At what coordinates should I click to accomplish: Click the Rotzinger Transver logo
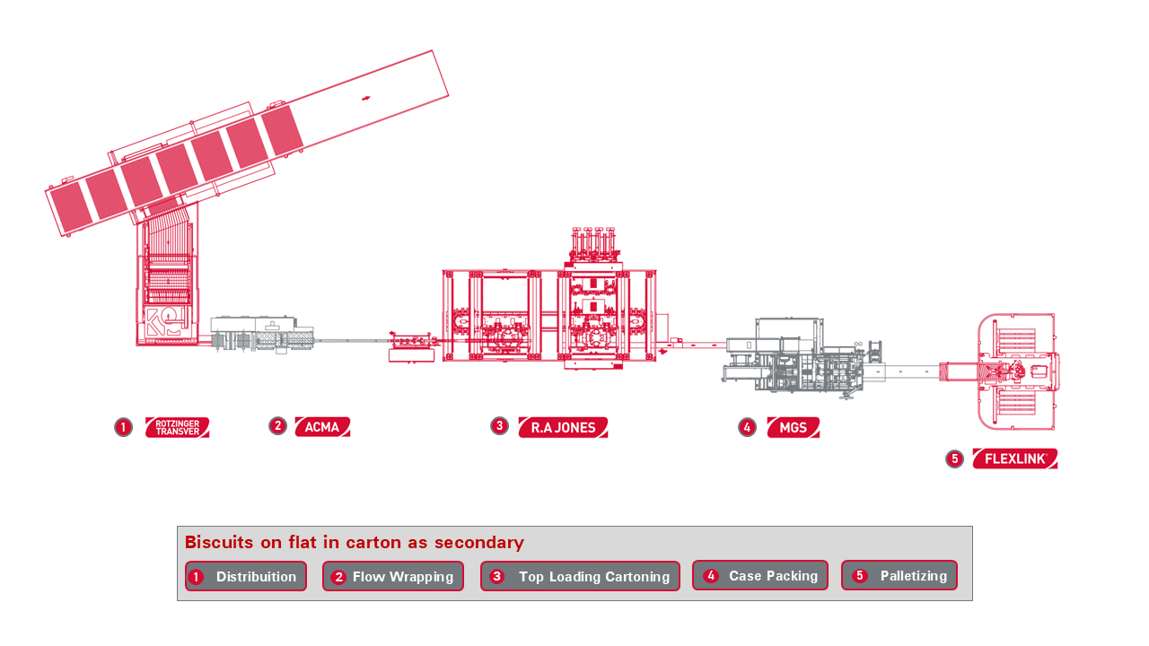177,427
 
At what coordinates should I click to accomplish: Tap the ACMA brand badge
322,427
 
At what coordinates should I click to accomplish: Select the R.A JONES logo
563,427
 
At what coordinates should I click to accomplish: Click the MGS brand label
793,428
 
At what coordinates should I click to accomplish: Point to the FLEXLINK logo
1014,458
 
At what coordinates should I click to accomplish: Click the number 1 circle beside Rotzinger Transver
124,427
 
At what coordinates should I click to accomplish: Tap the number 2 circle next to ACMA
277,426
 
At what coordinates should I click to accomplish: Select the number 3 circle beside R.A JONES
499,426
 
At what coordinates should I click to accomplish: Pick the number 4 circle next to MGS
747,427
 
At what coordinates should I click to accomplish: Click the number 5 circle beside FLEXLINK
954,458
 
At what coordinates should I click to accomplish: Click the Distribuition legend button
246,576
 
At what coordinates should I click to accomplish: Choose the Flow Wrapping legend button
393,576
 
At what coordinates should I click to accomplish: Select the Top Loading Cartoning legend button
580,576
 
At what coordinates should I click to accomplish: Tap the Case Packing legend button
759,575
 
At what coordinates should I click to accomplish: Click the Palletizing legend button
899,575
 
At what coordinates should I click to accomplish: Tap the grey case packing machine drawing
794,357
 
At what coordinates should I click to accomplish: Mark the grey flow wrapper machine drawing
262,334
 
